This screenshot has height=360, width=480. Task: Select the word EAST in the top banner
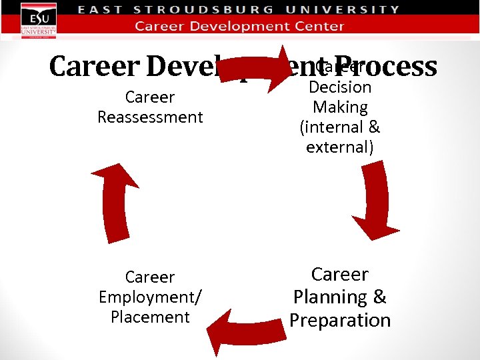click(x=100, y=10)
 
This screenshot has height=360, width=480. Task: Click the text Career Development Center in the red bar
click(x=240, y=27)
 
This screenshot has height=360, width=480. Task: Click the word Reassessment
click(x=150, y=117)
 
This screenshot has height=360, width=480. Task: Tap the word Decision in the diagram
click(x=340, y=87)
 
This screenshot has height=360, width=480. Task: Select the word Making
click(x=340, y=107)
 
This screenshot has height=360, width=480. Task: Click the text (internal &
click(x=340, y=127)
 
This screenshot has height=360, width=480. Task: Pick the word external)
click(x=340, y=147)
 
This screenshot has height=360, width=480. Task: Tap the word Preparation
click(x=340, y=321)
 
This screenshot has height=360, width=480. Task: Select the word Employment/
click(x=150, y=297)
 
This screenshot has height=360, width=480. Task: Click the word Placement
click(x=150, y=317)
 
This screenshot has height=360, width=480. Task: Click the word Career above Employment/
click(x=150, y=277)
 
